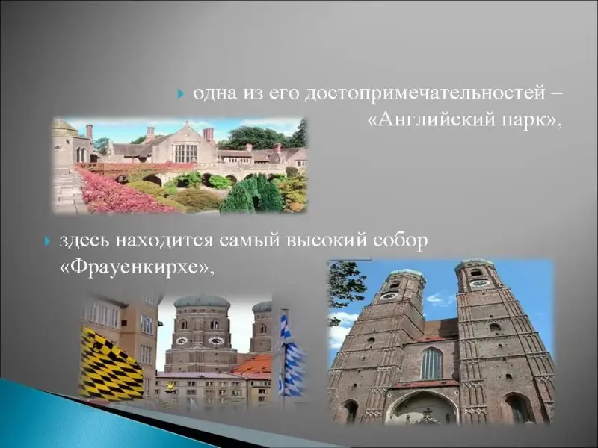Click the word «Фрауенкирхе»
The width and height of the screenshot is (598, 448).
(x=135, y=267)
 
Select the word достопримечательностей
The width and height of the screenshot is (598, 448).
(x=425, y=94)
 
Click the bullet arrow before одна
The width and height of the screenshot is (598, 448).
(x=181, y=93)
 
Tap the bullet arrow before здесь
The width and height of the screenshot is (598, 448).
(x=47, y=241)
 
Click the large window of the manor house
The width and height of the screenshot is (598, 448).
(x=185, y=152)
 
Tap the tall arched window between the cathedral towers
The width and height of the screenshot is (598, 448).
(x=431, y=364)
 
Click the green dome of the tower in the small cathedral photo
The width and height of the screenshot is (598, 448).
(x=202, y=302)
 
